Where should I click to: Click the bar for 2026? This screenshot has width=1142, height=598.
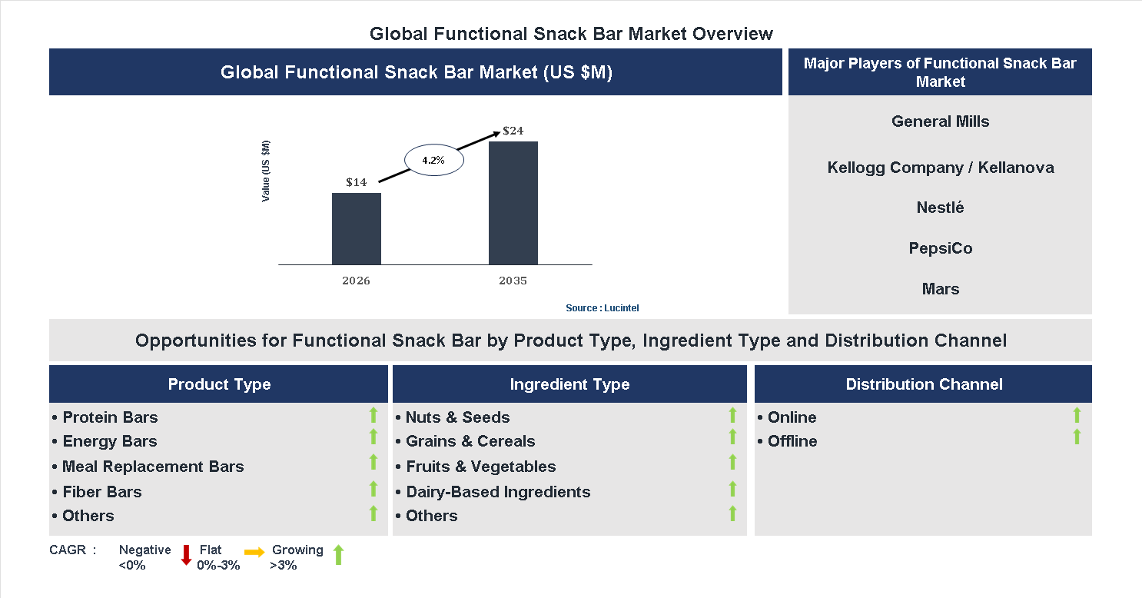[x=356, y=228]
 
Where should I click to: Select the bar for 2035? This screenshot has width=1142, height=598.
[x=513, y=203]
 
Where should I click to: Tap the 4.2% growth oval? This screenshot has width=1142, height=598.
[x=434, y=161]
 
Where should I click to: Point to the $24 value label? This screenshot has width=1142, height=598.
[x=513, y=131]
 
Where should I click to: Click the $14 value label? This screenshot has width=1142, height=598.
[x=356, y=182]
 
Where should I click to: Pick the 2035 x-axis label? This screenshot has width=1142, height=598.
[x=513, y=281]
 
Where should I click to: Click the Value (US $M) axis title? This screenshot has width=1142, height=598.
[x=266, y=171]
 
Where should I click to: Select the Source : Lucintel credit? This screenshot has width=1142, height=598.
[x=602, y=307]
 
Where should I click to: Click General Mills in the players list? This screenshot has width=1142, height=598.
[x=940, y=121]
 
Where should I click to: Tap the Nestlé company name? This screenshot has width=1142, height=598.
[x=940, y=208]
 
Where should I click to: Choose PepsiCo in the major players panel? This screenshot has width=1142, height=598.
[x=940, y=248]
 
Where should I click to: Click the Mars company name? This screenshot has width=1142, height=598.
[x=940, y=289]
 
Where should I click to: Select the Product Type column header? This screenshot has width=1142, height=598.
[x=219, y=384]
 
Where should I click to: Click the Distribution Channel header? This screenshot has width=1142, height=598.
[x=924, y=384]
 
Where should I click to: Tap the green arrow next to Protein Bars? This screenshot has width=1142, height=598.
[x=373, y=416]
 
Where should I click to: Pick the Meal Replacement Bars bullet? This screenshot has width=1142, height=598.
[x=152, y=467]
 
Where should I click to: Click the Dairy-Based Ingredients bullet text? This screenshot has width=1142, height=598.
[x=497, y=492]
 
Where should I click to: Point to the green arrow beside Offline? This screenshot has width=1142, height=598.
[x=1077, y=437]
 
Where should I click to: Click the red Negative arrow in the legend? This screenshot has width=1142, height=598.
[x=186, y=555]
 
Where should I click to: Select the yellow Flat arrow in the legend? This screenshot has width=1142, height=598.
[x=254, y=552]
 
